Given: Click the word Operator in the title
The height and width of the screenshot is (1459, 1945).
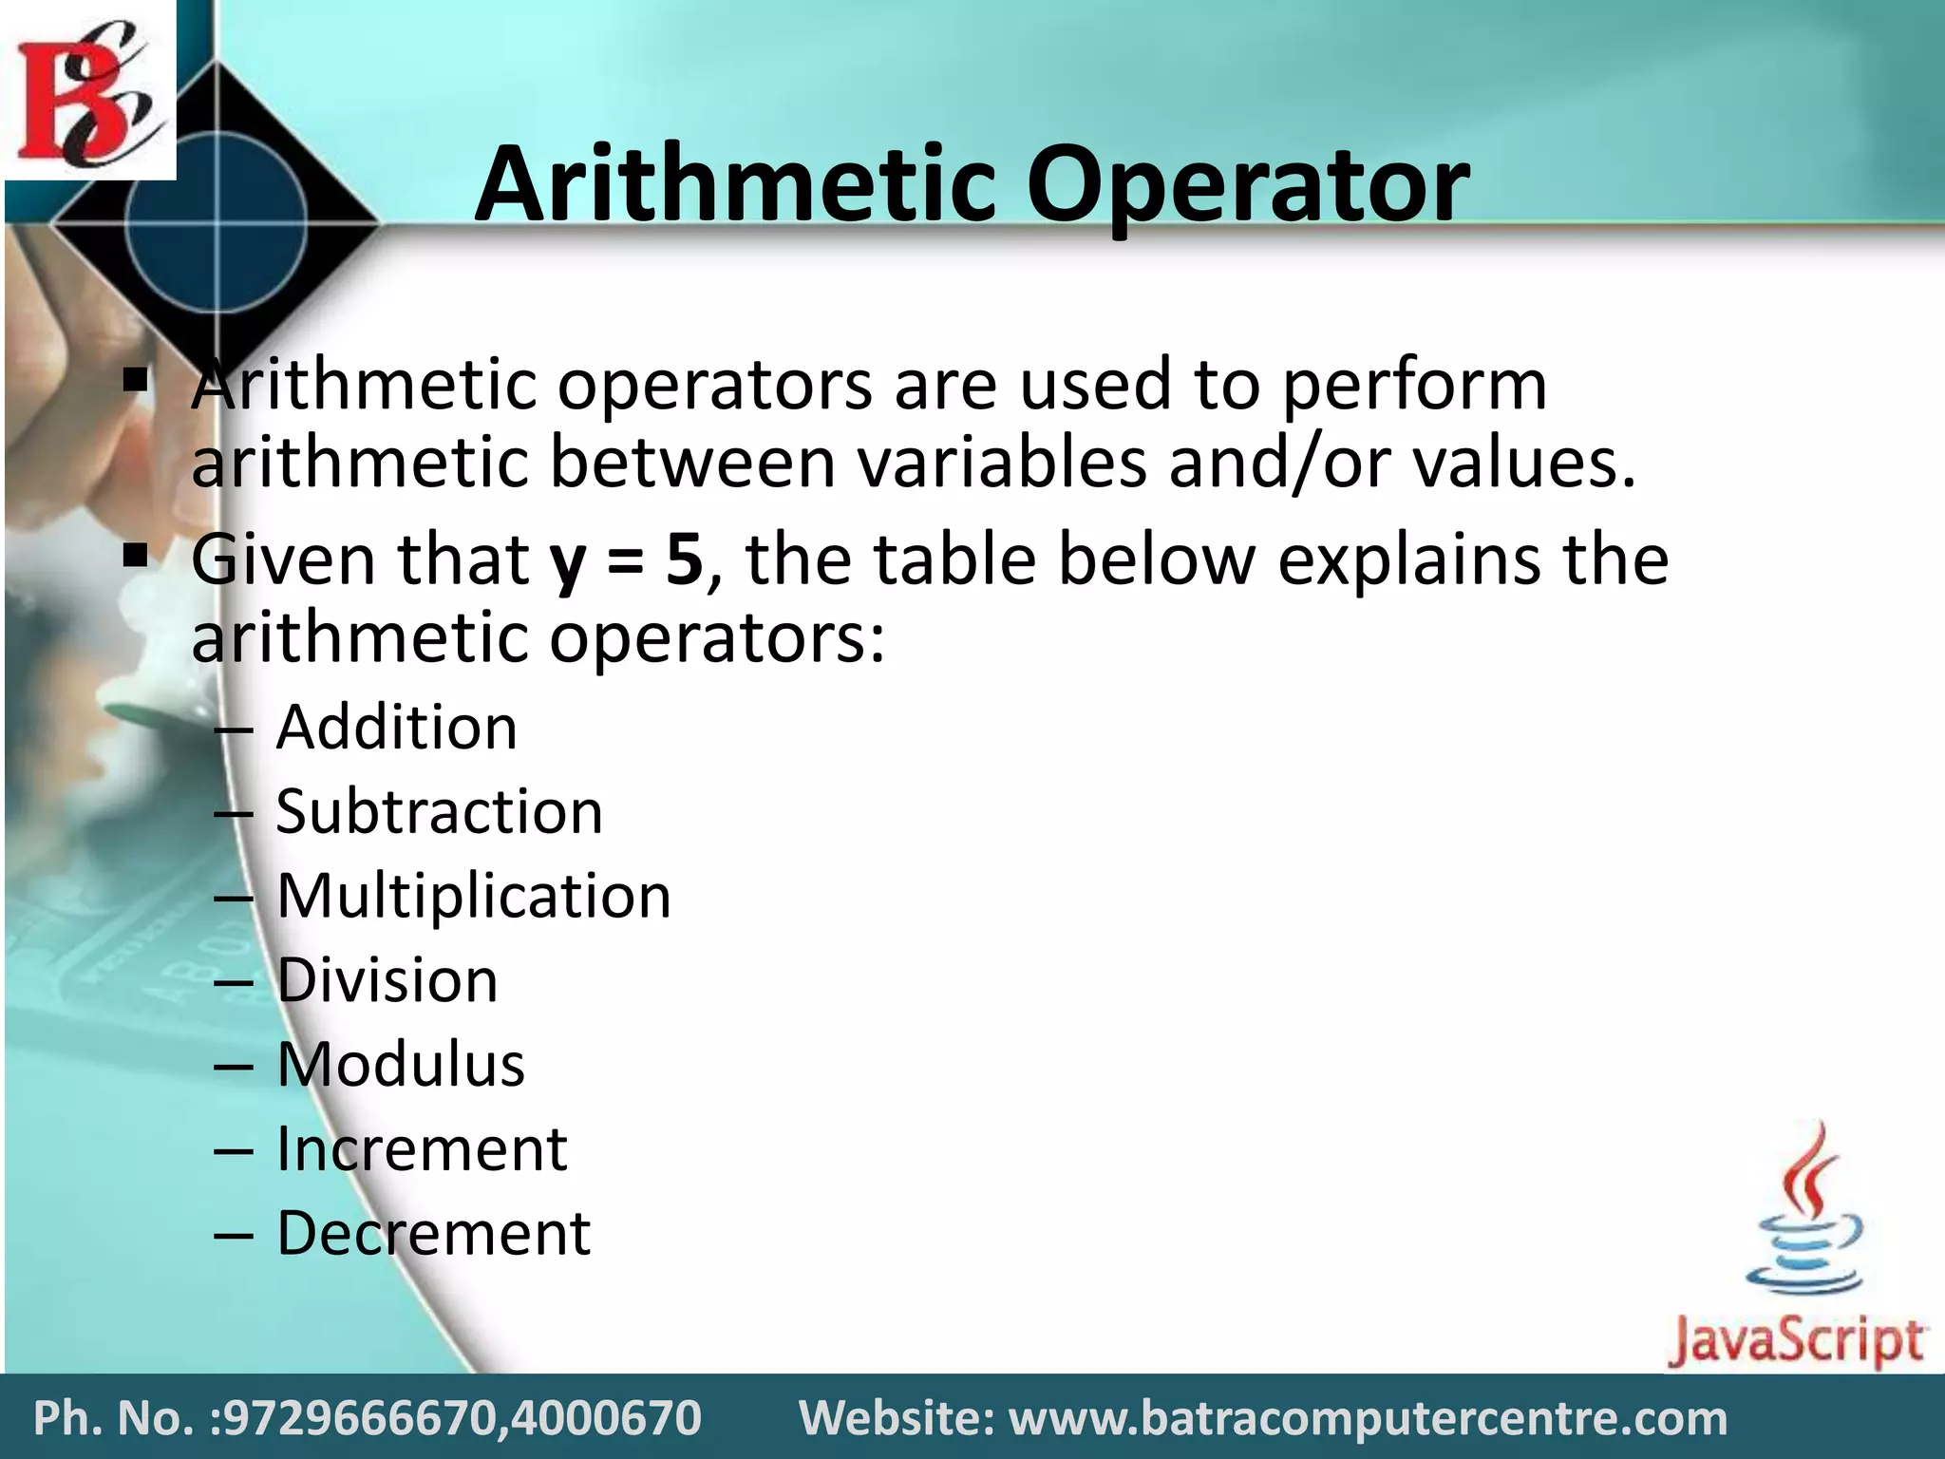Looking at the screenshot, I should coord(1247,185).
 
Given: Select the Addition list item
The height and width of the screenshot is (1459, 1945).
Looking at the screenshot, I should coord(396,728).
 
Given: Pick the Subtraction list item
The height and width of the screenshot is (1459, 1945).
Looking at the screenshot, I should coord(439,812).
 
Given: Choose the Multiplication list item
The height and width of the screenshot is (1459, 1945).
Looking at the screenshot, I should coord(473,896).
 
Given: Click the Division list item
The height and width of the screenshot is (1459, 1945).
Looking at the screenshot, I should coord(387,980).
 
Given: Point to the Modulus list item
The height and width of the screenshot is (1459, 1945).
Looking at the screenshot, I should coord(400,1064).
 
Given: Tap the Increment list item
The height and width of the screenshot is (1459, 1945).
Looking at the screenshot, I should coord(422,1148).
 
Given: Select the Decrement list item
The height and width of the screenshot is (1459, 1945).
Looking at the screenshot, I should coord(433,1233).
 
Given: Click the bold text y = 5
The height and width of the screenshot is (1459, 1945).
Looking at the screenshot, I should coord(626,560).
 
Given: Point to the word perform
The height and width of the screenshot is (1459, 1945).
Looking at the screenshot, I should coord(1414,385).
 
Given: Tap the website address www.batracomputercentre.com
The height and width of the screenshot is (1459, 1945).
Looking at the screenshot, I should coord(1368,1418).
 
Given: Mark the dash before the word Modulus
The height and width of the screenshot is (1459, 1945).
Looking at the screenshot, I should coord(234,1066).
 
